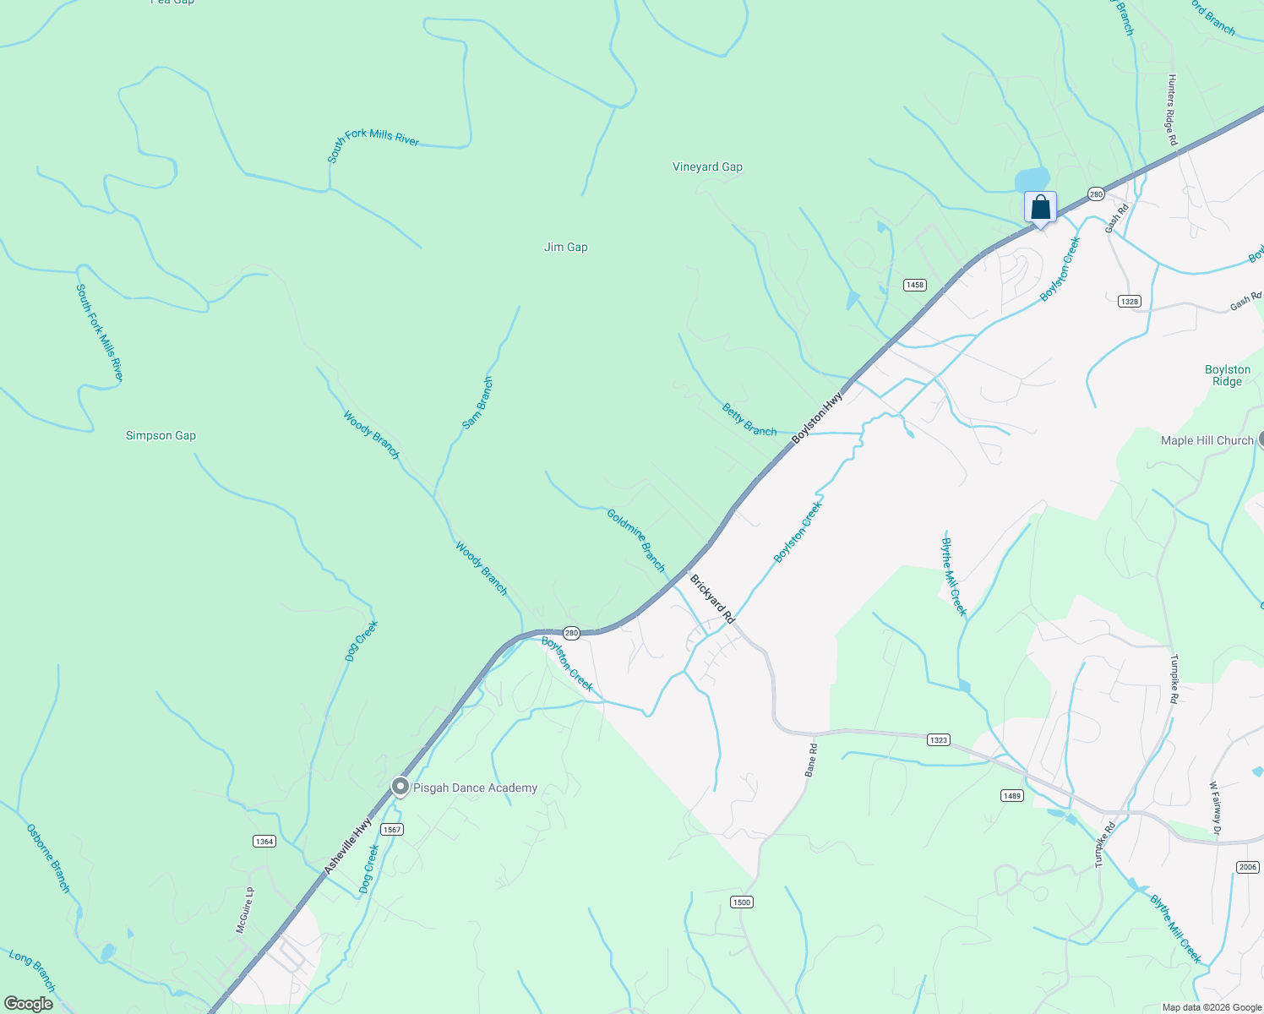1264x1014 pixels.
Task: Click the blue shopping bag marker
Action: [x=1040, y=207]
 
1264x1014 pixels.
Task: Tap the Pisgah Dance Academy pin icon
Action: [x=401, y=787]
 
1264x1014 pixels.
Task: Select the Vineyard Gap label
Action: [x=707, y=167]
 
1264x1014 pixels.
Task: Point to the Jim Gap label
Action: [x=565, y=248]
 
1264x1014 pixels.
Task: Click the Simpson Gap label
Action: [x=161, y=436]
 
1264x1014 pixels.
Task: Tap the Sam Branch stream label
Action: [x=477, y=403]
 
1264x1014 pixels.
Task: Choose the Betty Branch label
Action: [x=749, y=420]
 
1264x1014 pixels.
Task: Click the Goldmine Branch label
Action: [x=636, y=540]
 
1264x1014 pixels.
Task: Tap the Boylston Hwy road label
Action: [x=818, y=417]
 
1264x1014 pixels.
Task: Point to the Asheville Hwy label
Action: [x=348, y=846]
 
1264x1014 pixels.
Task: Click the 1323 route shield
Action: [x=938, y=740]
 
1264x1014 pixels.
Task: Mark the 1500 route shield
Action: [x=741, y=902]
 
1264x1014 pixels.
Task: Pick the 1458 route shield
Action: [x=915, y=285]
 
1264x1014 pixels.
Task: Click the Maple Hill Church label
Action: [x=1207, y=441]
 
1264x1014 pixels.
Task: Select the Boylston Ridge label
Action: [x=1227, y=376]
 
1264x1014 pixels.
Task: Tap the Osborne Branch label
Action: [x=48, y=859]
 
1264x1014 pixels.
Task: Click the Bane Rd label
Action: [x=811, y=760]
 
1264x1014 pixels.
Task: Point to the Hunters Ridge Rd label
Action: [x=1172, y=110]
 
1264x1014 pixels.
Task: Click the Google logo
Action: [x=29, y=1004]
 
